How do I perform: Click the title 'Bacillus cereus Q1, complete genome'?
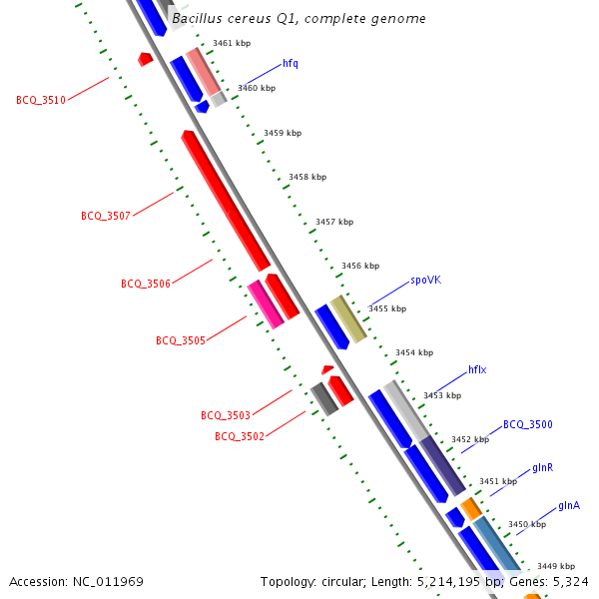[299, 19]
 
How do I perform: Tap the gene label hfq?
[291, 63]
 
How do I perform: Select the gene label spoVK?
[425, 281]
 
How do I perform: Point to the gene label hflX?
[477, 369]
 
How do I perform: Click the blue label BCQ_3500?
[527, 424]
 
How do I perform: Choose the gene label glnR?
[543, 467]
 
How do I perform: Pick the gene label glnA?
[569, 505]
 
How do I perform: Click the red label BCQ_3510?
[41, 100]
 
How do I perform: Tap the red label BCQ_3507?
[106, 216]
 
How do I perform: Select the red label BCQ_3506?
[146, 284]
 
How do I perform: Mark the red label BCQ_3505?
[181, 340]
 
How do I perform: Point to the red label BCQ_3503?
[226, 415]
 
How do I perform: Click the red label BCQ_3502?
[240, 436]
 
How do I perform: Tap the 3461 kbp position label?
[232, 43]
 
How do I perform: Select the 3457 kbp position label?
[334, 222]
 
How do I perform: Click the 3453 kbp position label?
[442, 395]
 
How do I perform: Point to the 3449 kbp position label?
[556, 566]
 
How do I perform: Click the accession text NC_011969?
[76, 581]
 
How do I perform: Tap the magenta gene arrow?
[265, 304]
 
